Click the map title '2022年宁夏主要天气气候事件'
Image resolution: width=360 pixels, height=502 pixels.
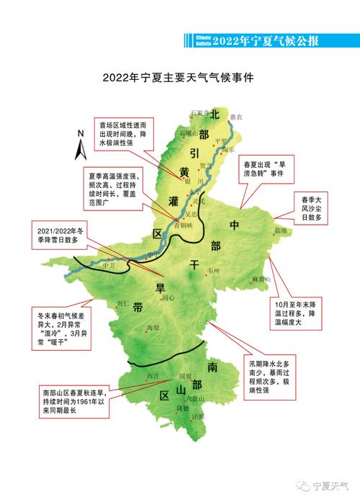click(x=179, y=74)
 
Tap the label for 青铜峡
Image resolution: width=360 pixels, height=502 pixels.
click(x=183, y=225)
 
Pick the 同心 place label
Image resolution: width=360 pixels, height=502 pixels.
click(x=168, y=297)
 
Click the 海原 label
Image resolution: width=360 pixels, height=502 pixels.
click(x=151, y=328)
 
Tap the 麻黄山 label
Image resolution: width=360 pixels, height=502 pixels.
click(x=261, y=279)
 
